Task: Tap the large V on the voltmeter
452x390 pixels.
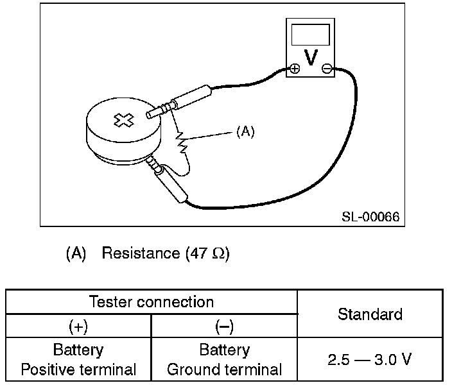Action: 311,57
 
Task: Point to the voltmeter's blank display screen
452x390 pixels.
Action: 311,34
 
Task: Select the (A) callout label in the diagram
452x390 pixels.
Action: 245,131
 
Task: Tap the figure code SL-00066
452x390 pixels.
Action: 370,217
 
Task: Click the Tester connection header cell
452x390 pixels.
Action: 151,301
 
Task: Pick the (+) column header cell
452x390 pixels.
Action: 78,326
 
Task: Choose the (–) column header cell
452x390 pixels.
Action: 224,326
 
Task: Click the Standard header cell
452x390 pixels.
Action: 370,314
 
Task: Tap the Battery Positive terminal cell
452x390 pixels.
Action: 78,360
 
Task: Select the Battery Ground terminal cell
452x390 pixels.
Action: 224,360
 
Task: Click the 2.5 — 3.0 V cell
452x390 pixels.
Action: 370,359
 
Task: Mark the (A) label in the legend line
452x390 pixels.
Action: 76,253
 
